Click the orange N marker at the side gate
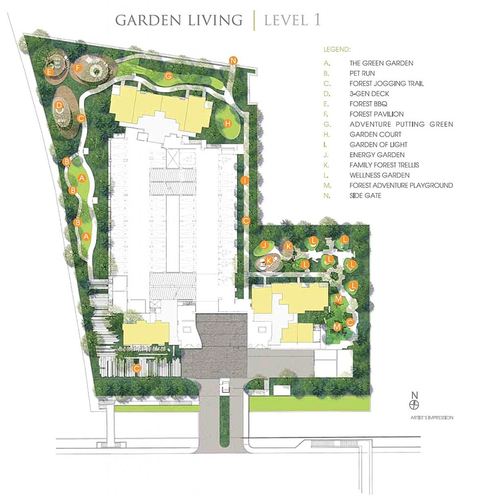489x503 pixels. click(233, 60)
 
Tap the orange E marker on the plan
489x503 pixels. click(49, 72)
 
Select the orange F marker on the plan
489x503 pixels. click(77, 68)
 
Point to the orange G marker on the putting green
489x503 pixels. click(168, 76)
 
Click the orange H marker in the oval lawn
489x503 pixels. click(228, 123)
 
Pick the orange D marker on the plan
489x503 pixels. click(59, 105)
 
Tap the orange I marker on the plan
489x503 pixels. click(245, 181)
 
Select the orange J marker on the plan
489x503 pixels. click(264, 246)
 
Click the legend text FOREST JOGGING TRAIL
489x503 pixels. click(386, 84)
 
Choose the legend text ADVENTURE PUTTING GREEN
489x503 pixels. click(401, 124)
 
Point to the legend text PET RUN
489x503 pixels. click(362, 74)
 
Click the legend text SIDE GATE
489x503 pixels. click(365, 196)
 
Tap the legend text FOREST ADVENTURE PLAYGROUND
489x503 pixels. click(401, 185)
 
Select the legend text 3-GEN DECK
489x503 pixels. click(369, 94)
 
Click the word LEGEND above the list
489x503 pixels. click(337, 50)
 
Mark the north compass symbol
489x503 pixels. click(414, 405)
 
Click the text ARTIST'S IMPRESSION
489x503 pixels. click(432, 418)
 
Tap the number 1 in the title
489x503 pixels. click(317, 20)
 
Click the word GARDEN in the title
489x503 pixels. click(149, 20)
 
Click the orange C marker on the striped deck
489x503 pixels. click(137, 368)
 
